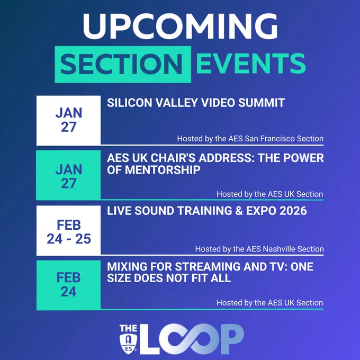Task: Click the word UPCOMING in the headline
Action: pos(180,26)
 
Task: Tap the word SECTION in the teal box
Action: pos(121,64)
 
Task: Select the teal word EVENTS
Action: pos(251,64)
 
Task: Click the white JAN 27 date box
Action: pos(68,120)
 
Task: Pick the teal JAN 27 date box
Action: pos(68,175)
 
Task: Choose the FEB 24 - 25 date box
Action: pos(68,230)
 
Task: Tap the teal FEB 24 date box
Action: pos(68,285)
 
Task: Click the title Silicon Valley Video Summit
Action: pos(196,103)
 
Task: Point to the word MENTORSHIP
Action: pos(163,170)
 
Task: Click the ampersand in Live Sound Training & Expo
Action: pos(239,211)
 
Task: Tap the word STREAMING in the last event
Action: pos(208,266)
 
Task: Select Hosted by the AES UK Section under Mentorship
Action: pos(270,194)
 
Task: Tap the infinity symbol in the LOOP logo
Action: pos(191,339)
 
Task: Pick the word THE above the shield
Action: pos(128,329)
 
